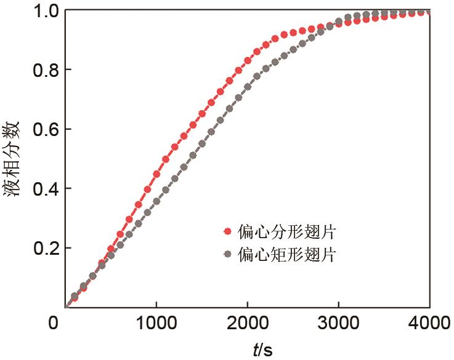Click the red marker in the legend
[x=228, y=231]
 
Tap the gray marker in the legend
[x=228, y=254]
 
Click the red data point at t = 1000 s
[x=156, y=174]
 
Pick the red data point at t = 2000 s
[x=248, y=60]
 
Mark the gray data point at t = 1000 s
[x=156, y=201]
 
